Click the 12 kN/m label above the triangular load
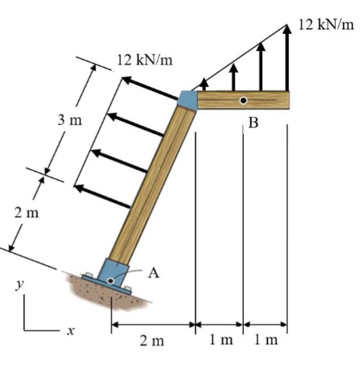(x=326, y=25)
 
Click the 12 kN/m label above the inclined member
(x=144, y=60)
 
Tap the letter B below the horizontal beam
(x=254, y=123)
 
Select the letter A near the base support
(x=153, y=273)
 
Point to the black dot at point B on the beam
(x=243, y=100)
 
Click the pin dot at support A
(x=110, y=280)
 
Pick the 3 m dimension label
(x=70, y=120)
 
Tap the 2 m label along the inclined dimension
(x=27, y=213)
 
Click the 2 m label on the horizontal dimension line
(x=152, y=341)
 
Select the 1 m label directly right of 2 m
(x=222, y=340)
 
